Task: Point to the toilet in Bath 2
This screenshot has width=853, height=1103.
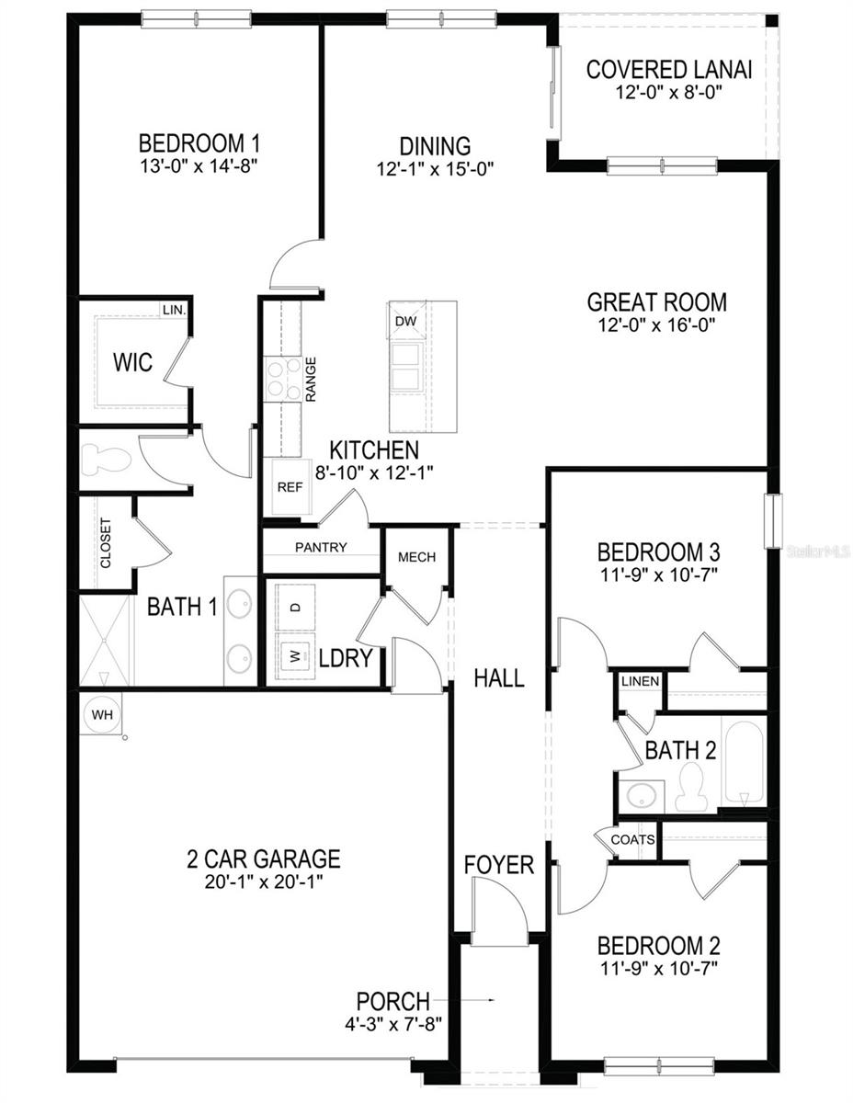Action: tap(689, 790)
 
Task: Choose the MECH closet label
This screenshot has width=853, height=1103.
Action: tap(416, 557)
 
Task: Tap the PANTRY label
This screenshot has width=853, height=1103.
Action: tap(321, 548)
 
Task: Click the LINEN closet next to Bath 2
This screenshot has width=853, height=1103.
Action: tap(640, 681)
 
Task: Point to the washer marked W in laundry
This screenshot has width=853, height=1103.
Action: tap(295, 655)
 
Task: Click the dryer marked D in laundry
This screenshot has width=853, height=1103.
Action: tap(295, 608)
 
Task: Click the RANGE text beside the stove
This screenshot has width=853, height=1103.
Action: tap(312, 379)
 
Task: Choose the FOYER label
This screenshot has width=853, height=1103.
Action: tap(498, 865)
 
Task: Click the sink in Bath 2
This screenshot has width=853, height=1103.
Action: tap(640, 794)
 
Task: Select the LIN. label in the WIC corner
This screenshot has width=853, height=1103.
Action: tap(174, 311)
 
